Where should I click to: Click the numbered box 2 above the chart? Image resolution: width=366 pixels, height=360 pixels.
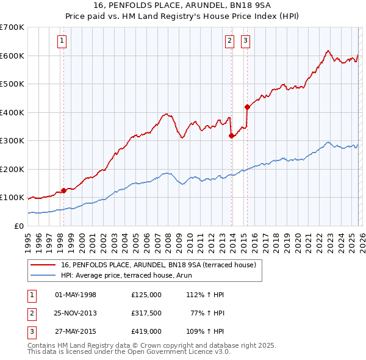coord(229,41)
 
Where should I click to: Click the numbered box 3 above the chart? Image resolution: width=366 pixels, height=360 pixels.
coord(245,41)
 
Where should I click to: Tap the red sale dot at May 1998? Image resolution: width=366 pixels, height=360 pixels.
coord(63,190)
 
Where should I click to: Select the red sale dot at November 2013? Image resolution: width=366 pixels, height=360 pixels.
coord(232,136)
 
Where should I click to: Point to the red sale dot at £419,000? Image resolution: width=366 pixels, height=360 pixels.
coord(247,107)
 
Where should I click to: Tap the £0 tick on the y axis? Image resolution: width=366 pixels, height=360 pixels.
coord(18,226)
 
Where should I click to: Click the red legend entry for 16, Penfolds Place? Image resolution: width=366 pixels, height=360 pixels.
coord(162,265)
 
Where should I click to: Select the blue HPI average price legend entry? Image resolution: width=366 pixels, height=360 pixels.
coord(126,275)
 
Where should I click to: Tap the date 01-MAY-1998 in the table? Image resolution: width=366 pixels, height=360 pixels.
coord(76,295)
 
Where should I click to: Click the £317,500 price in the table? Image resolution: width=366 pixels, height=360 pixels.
coord(146,313)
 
